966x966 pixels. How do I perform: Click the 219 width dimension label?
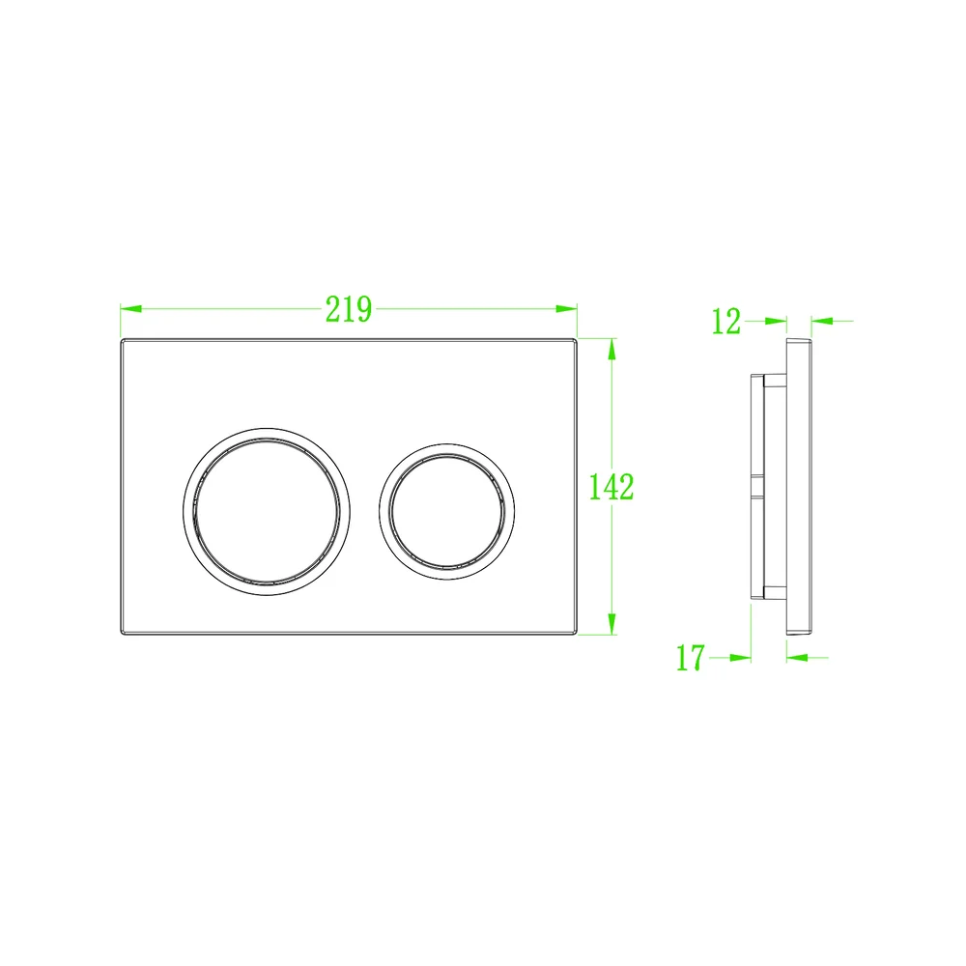[349, 309]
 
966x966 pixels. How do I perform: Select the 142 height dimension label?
[611, 487]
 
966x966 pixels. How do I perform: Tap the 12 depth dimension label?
[725, 322]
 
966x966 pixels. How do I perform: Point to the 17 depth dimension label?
[690, 658]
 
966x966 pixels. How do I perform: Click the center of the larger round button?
[267, 512]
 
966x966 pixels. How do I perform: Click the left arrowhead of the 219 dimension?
[131, 309]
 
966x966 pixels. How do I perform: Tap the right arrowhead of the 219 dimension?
[566, 309]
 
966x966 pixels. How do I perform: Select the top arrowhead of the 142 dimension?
[611, 350]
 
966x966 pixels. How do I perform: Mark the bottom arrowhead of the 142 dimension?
[611, 623]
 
